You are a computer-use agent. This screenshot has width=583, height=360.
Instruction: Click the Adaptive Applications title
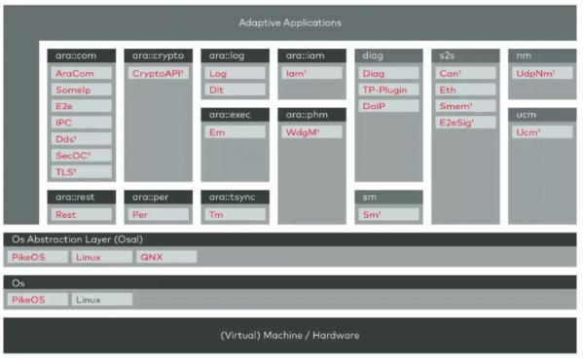[x=290, y=21]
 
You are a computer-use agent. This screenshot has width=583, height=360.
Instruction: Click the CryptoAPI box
[x=158, y=73]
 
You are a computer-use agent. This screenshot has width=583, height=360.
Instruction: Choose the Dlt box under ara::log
[x=235, y=90]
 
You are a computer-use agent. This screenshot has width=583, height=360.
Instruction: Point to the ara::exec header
[x=235, y=115]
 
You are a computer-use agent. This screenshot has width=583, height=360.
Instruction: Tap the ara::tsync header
[x=235, y=197]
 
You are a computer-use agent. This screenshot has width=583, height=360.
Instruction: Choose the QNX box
[x=164, y=257]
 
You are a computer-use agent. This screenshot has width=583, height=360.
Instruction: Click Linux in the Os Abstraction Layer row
[x=102, y=257]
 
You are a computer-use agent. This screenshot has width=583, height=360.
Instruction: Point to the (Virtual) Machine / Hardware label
[x=290, y=336]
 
